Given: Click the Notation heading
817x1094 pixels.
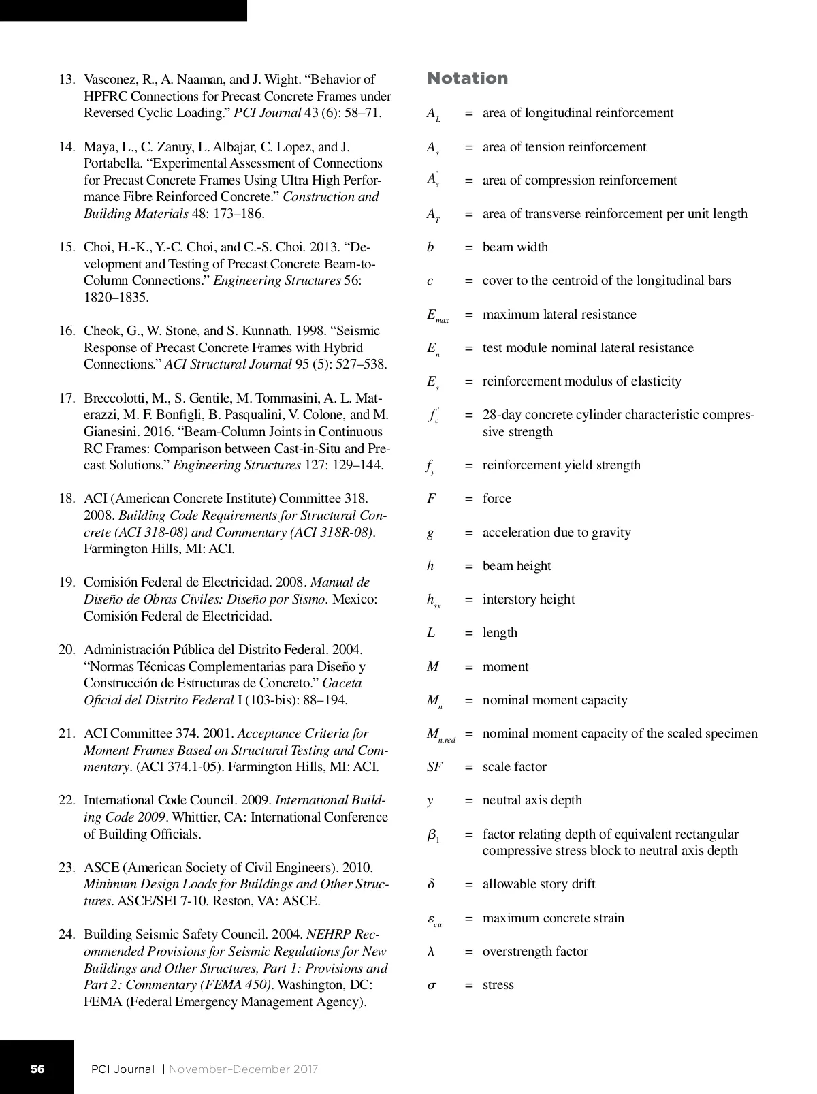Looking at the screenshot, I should click(x=467, y=78).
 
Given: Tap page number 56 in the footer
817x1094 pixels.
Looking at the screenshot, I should click(x=37, y=1069).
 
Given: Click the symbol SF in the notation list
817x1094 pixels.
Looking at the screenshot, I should click(x=434, y=767).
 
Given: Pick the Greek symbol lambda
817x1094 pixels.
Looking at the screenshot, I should click(x=431, y=952).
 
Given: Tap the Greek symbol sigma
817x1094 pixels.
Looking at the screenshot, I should click(x=432, y=985).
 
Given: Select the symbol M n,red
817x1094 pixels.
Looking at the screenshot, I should click(x=440, y=734).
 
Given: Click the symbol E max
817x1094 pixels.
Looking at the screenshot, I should click(x=437, y=315).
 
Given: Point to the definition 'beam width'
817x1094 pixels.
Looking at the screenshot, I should click(x=515, y=247).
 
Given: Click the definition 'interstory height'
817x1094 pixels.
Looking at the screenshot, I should click(x=528, y=599).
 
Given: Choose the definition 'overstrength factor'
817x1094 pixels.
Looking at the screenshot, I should click(x=535, y=952).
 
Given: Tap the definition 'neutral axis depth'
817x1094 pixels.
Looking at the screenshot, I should click(x=532, y=800).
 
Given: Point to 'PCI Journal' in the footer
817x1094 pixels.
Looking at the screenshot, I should click(x=123, y=1069).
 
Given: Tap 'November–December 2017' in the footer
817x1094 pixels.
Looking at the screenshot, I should click(x=243, y=1069).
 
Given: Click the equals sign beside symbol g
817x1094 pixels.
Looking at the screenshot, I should click(x=468, y=533).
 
